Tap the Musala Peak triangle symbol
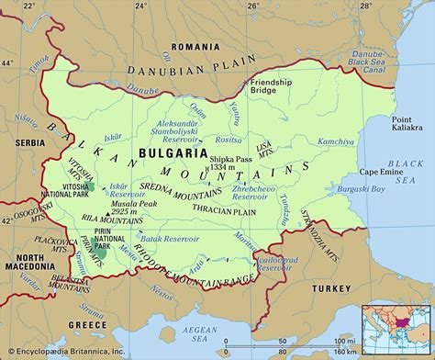[x=110, y=213]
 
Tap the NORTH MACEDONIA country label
[x=26, y=263]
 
